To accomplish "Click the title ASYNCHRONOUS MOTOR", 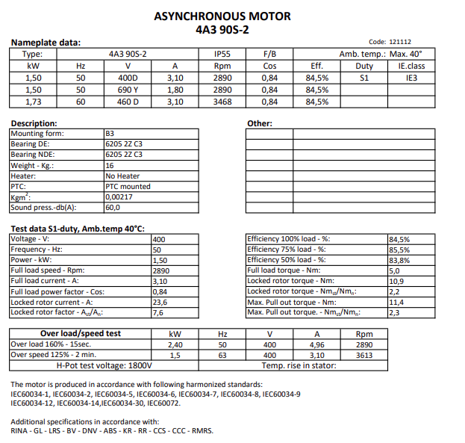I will coord(222,16).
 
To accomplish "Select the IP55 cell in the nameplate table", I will coord(222,54).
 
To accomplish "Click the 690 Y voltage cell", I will coord(128,90).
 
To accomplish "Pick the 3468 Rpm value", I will coord(222,102).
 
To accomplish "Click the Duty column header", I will coord(365,66).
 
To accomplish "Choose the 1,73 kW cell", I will coord(33,102).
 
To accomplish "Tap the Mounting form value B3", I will coord(110,134).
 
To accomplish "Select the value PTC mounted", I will coord(128,186).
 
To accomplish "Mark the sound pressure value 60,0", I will coord(113,208).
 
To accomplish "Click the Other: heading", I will coord(259,123).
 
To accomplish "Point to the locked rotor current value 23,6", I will coord(159,303).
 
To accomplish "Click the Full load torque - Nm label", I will coord(284,270).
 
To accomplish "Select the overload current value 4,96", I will coord(317,344).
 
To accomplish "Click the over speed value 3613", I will coord(365,355).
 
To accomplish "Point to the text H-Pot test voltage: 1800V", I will coord(104,365).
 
